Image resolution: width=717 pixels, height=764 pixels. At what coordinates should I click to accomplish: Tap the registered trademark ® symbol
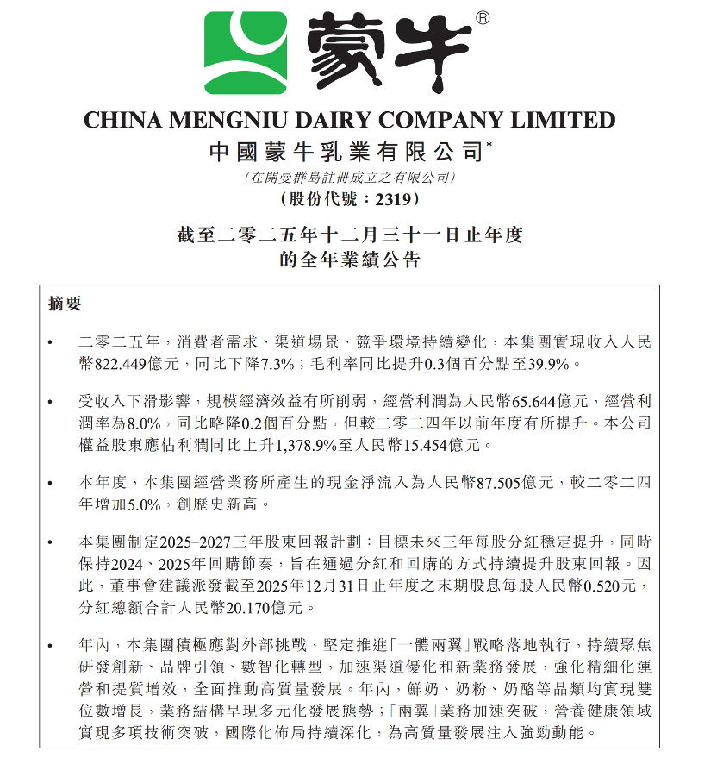coord(483,16)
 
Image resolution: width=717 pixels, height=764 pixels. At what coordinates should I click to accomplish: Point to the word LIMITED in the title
coord(566,120)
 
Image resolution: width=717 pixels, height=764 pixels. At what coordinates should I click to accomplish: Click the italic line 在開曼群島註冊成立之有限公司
coord(349,178)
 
